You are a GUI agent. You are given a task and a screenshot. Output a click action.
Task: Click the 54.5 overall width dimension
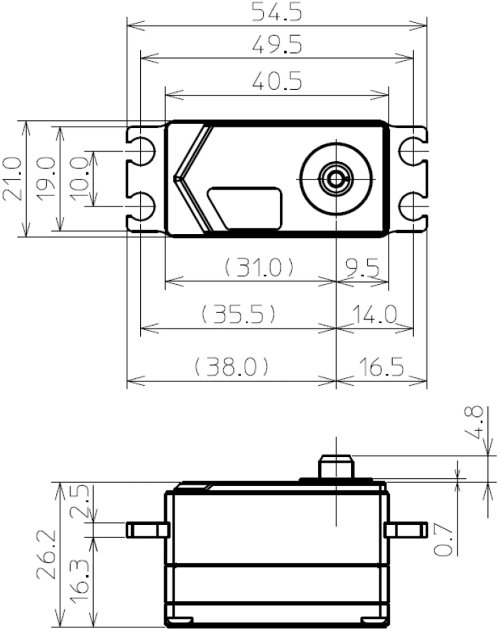pos(277,12)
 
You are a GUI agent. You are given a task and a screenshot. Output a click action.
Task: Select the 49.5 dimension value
pos(277,45)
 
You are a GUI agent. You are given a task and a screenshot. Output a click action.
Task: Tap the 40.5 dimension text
pos(277,82)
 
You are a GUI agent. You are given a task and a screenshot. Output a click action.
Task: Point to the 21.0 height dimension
pos(12,178)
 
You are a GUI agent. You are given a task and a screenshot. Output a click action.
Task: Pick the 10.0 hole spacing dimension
pos(80,178)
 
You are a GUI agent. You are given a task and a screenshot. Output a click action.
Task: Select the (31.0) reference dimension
pos(259,268)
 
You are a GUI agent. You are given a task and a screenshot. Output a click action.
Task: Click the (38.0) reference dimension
pos(232,368)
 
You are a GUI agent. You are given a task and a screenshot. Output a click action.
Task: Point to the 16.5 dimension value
pos(381,368)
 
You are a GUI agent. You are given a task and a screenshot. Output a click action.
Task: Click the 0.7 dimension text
pos(443,540)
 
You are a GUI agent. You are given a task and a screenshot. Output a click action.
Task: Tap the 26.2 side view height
pos(46,554)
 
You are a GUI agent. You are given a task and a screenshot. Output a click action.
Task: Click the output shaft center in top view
pos(336,179)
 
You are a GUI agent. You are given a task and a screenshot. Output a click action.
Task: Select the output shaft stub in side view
pos(337,466)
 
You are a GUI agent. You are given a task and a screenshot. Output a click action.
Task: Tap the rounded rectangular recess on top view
pos(246,208)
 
